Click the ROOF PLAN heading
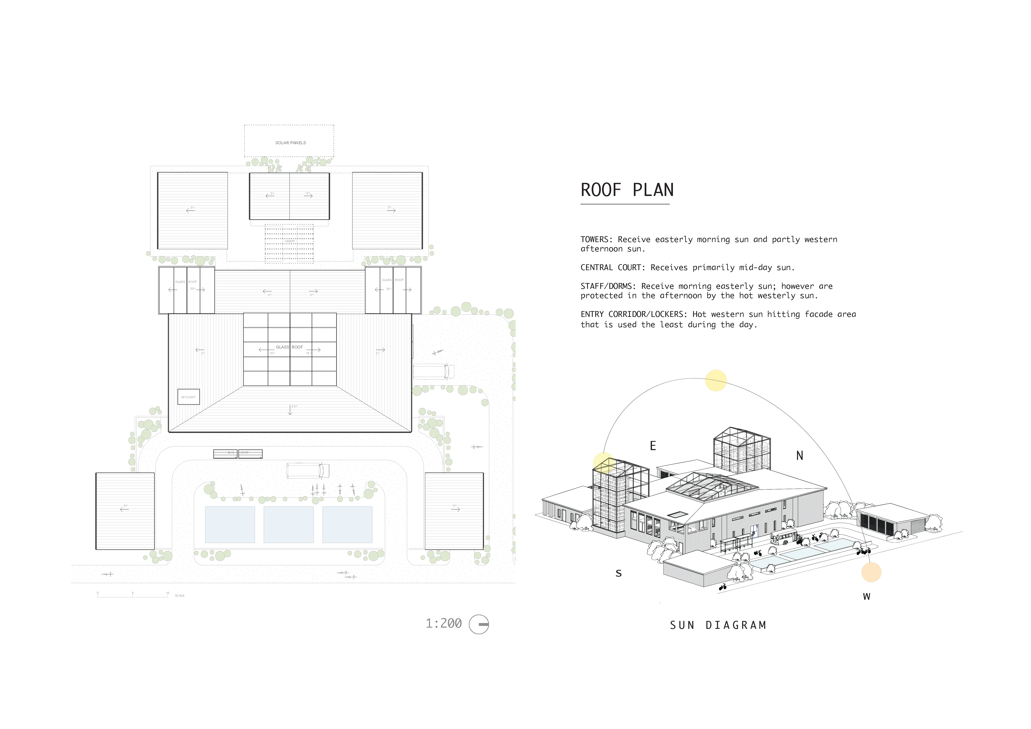point(627,190)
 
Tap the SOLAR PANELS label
point(291,143)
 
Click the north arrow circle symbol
point(479,624)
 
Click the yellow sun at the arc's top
point(716,380)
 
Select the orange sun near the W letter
point(871,572)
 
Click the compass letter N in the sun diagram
point(799,456)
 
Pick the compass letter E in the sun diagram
point(653,446)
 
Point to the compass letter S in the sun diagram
point(618,573)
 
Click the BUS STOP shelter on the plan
point(238,454)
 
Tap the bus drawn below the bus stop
point(308,470)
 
